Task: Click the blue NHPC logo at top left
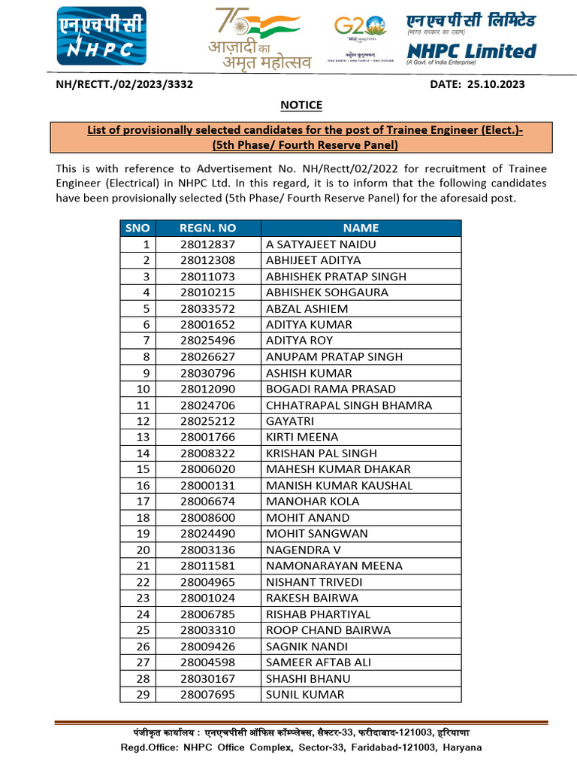101,37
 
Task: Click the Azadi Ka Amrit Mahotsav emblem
259,39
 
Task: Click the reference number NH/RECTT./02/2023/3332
125,84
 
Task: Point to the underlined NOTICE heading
301,105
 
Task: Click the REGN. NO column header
208,228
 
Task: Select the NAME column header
361,228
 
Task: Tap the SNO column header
137,228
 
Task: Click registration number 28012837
208,244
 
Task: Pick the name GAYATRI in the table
290,421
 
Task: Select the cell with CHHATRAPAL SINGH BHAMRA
349,405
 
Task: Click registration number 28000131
208,486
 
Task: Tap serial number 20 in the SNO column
143,550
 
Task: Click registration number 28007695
208,695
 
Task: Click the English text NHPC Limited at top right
471,51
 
